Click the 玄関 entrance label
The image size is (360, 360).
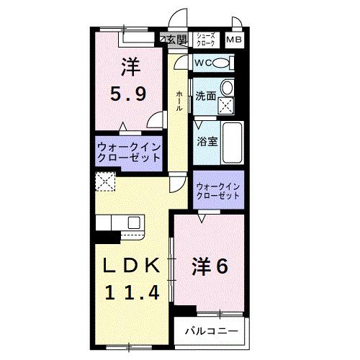click(x=175, y=39)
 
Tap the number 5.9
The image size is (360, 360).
click(x=130, y=94)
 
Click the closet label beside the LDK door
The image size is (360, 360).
click(x=128, y=153)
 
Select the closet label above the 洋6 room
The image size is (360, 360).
click(x=218, y=191)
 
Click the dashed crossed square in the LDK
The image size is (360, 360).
click(x=105, y=182)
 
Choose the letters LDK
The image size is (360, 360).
click(x=130, y=267)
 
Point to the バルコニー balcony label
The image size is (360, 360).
click(x=210, y=332)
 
